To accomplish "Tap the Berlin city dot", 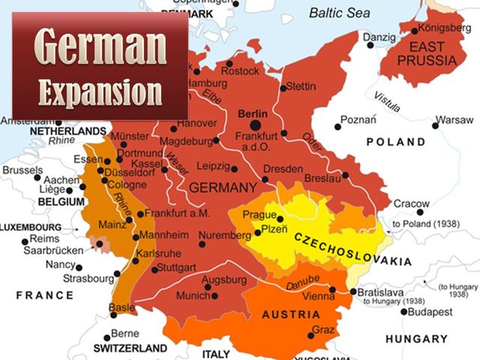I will click(256, 125).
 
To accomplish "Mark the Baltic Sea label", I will click(341, 11).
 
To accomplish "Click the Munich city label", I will click(193, 296).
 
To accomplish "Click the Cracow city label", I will click(412, 203).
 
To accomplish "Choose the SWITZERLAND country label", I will click(130, 349).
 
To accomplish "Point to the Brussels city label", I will click(22, 170).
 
